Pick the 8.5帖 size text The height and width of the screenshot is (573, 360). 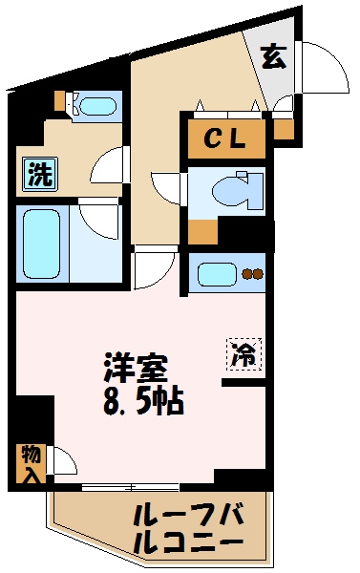pyautogui.click(x=142, y=398)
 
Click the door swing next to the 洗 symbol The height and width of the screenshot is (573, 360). pyautogui.click(x=107, y=168)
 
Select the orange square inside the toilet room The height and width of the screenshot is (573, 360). pyautogui.click(x=202, y=231)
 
